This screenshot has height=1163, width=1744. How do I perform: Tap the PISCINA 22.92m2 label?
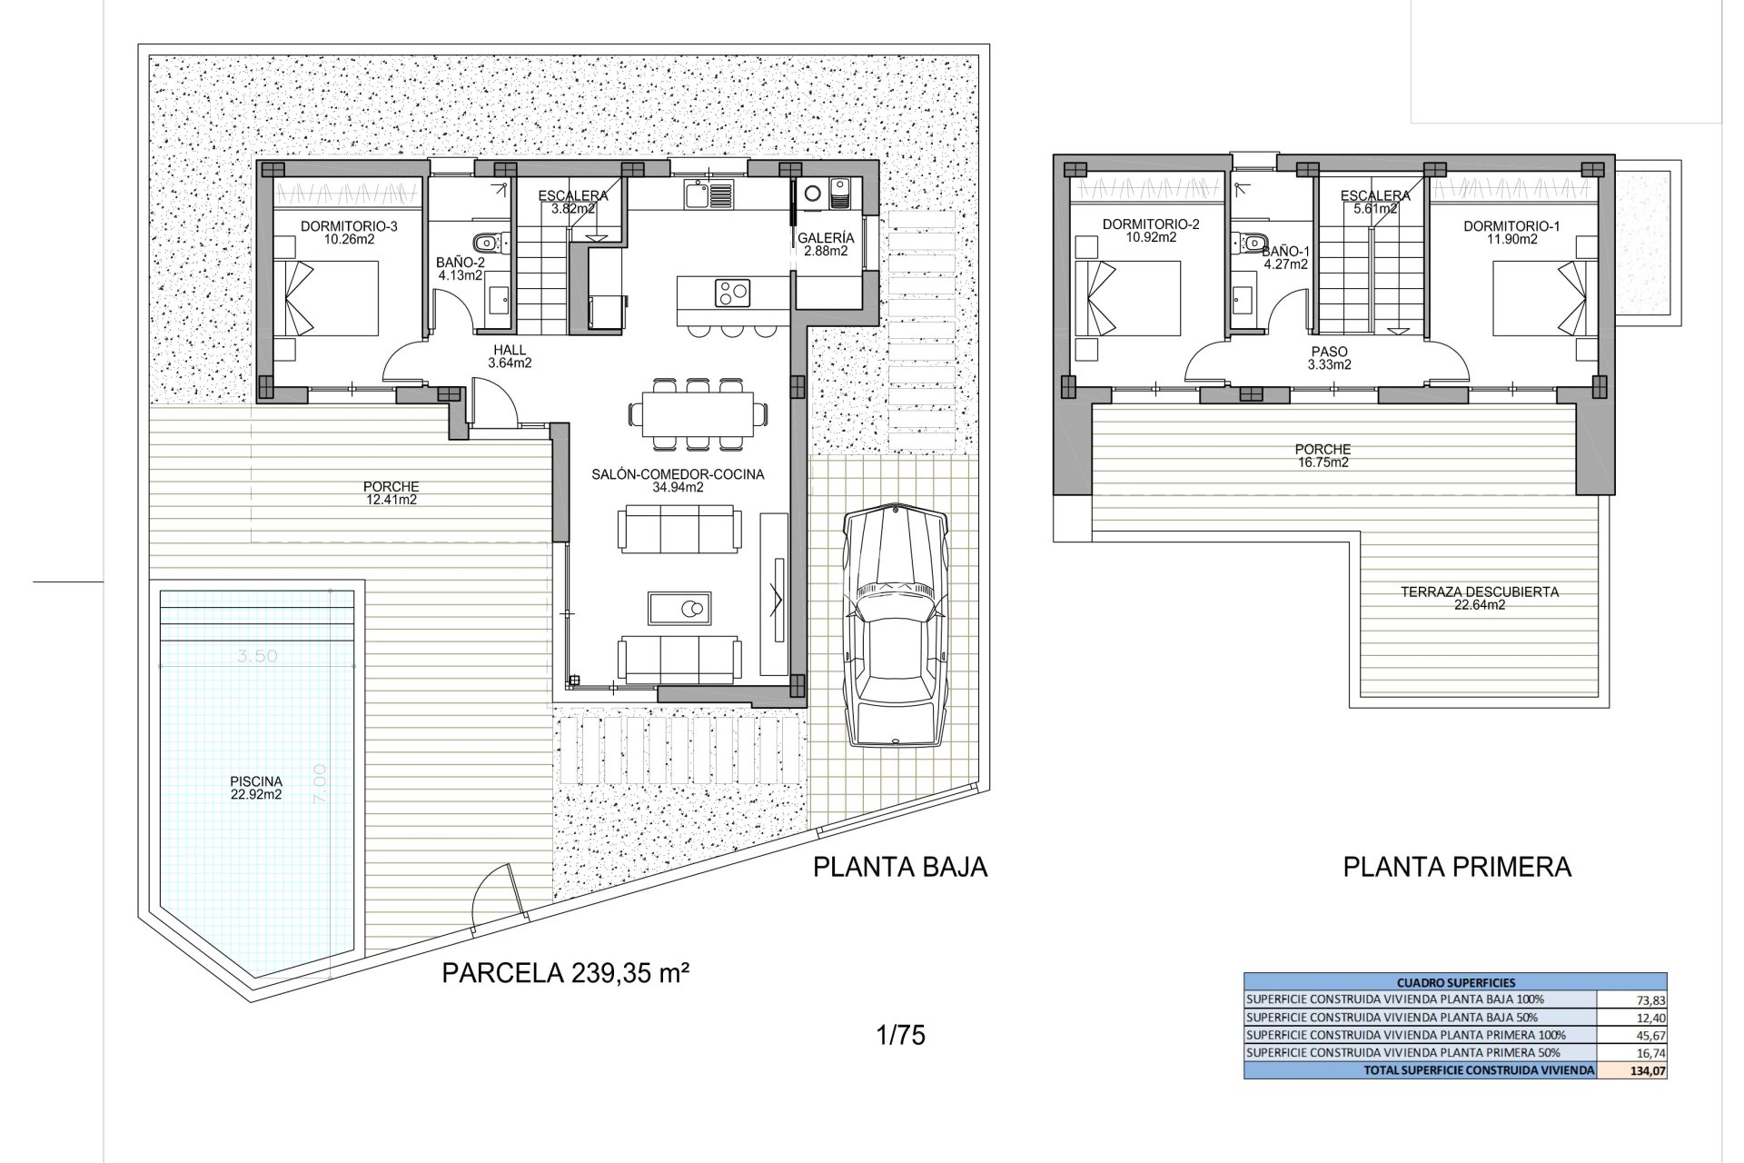pyautogui.click(x=256, y=788)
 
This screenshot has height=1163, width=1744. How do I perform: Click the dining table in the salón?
pyautogui.click(x=697, y=413)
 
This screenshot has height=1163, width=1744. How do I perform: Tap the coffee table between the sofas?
pyautogui.click(x=679, y=608)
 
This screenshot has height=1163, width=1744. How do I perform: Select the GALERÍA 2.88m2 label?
pyautogui.click(x=826, y=244)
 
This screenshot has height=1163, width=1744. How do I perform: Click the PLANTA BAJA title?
pyautogui.click(x=899, y=867)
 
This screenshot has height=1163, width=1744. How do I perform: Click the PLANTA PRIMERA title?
pyautogui.click(x=1457, y=867)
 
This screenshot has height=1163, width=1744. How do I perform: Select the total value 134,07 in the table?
pyautogui.click(x=1648, y=1070)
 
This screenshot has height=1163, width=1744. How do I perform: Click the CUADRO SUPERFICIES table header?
pyautogui.click(x=1455, y=982)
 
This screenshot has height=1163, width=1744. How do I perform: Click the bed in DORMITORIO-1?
pyautogui.click(x=1544, y=297)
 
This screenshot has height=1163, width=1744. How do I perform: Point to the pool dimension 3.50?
pyautogui.click(x=257, y=656)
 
